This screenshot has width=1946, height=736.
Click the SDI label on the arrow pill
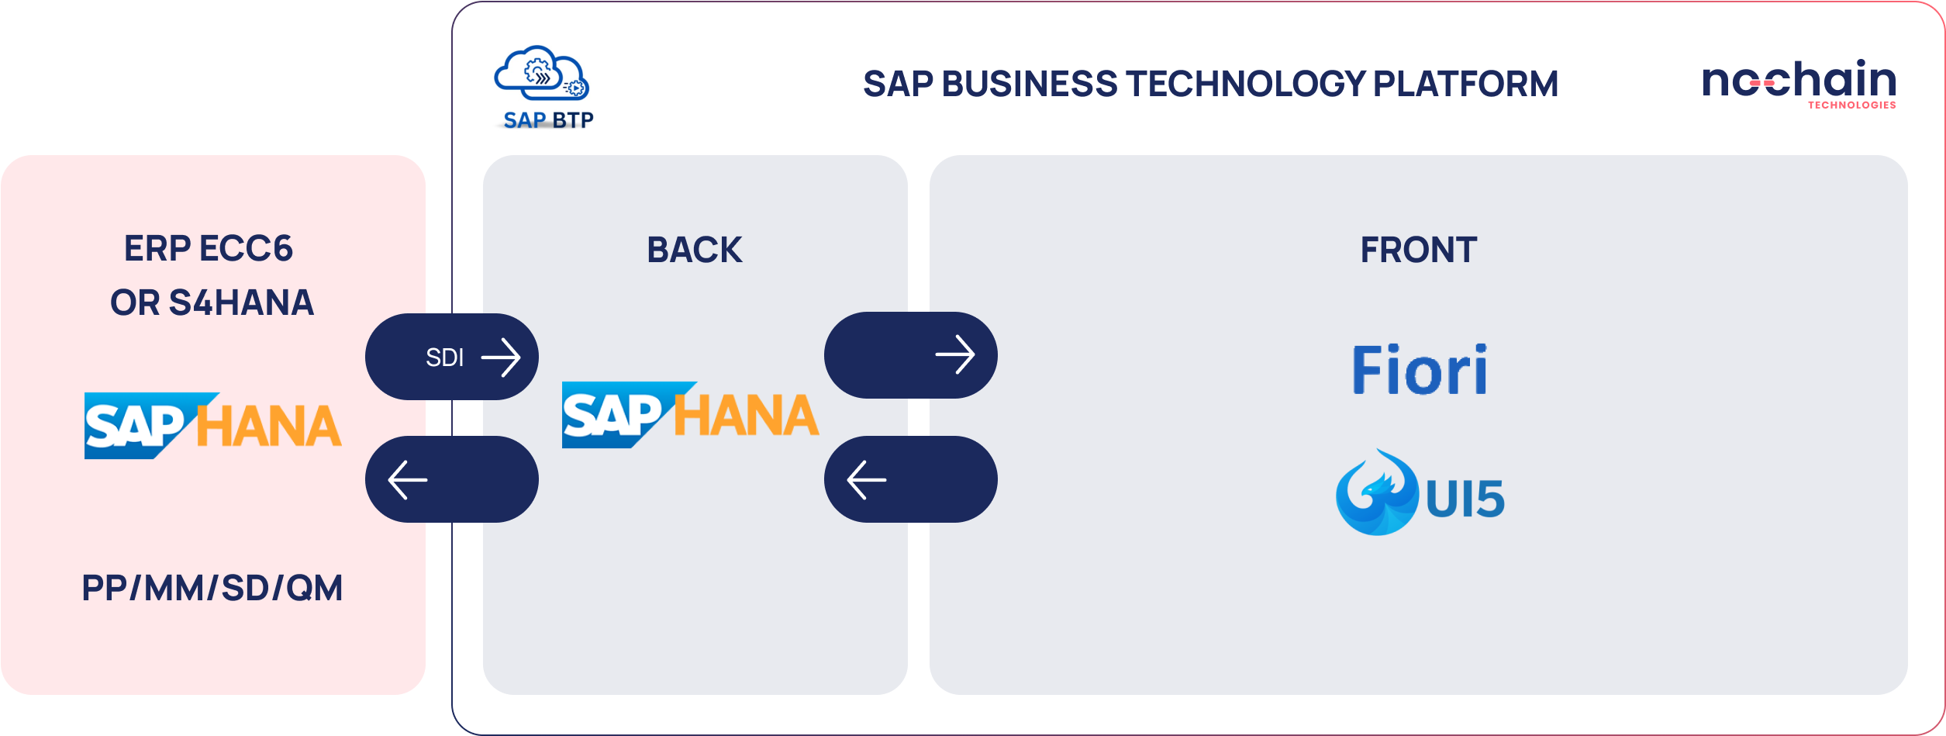point(444,358)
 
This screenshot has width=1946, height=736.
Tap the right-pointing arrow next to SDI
point(501,357)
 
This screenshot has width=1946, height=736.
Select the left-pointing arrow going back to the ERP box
point(408,480)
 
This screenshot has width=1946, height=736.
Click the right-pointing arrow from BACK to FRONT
point(955,354)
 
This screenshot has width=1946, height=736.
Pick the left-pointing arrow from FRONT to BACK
point(867,480)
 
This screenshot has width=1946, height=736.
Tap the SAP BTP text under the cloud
point(548,120)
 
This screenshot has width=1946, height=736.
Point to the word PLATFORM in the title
point(1465,84)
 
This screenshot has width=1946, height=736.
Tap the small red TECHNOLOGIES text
point(1852,105)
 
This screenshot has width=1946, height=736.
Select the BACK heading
point(695,250)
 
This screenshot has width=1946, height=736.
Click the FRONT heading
point(1419,250)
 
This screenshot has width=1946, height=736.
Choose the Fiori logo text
point(1420,369)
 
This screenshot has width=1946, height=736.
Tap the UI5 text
point(1465,499)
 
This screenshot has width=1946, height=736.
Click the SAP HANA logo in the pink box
point(212,425)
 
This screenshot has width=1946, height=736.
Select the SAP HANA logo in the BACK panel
point(690,414)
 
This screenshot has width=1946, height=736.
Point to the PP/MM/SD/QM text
point(212,588)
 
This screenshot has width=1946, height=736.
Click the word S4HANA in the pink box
point(241,302)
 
